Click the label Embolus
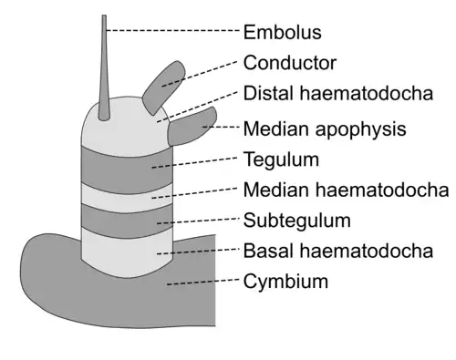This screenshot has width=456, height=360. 282,32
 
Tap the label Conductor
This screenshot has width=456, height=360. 290,63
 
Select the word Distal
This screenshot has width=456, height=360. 268,93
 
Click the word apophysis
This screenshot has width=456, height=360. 360,129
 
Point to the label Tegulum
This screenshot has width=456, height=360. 281,160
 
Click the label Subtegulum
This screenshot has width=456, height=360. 297,221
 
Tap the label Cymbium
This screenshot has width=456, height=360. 285,282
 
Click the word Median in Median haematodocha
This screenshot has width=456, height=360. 276,190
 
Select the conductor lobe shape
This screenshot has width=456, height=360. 163,87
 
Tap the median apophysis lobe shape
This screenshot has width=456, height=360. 192,126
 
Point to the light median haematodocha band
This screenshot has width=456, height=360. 127,198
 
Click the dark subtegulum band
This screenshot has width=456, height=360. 127,221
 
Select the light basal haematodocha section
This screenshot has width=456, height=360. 127,253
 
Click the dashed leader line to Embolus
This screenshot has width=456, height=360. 173,30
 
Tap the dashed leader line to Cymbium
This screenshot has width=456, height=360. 203,282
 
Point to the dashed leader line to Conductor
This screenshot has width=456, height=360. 199,74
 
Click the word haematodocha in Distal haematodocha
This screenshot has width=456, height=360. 367,93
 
